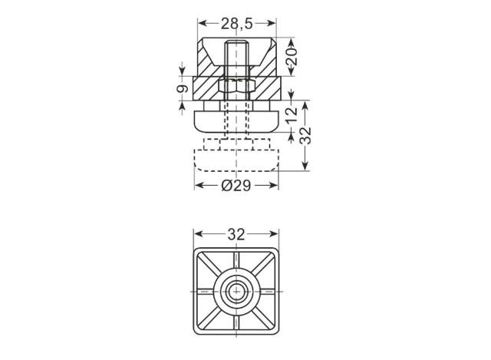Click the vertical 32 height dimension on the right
(305, 135)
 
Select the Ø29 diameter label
(236, 186)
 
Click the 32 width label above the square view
(236, 233)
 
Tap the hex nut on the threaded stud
(236, 84)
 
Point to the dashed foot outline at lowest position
(236, 159)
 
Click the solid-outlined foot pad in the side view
(236, 120)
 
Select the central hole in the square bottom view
(236, 291)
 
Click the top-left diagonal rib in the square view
(211, 265)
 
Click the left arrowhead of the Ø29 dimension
(197, 186)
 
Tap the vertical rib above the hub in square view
(236, 261)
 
